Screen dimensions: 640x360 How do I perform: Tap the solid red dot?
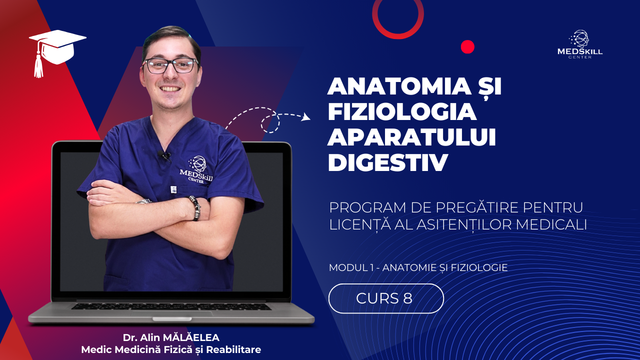(467, 47)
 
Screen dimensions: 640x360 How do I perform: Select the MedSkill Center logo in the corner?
(579, 44)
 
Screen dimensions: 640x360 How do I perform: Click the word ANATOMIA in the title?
(399, 86)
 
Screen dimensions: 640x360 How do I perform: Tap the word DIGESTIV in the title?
(387, 162)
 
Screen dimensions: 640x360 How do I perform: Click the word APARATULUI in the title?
(411, 137)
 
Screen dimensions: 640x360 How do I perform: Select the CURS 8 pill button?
(386, 298)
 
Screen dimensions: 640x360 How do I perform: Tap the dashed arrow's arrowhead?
(307, 117)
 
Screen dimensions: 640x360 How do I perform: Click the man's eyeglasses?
(170, 65)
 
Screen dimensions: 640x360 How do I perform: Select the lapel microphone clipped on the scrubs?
(164, 155)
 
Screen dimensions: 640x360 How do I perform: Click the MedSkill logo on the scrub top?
(196, 169)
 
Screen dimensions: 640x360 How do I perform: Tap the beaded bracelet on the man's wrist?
(195, 207)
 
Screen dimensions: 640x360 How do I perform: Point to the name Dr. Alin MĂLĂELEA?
(171, 337)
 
